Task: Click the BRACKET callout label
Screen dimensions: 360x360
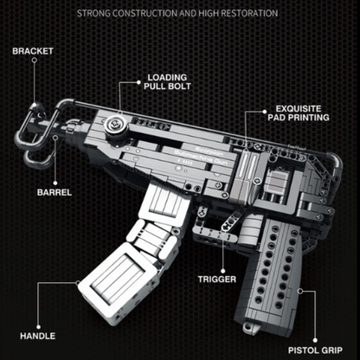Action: [x=33, y=51]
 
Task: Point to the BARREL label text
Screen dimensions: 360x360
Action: [x=54, y=192]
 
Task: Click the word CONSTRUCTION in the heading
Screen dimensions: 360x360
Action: [x=153, y=14]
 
